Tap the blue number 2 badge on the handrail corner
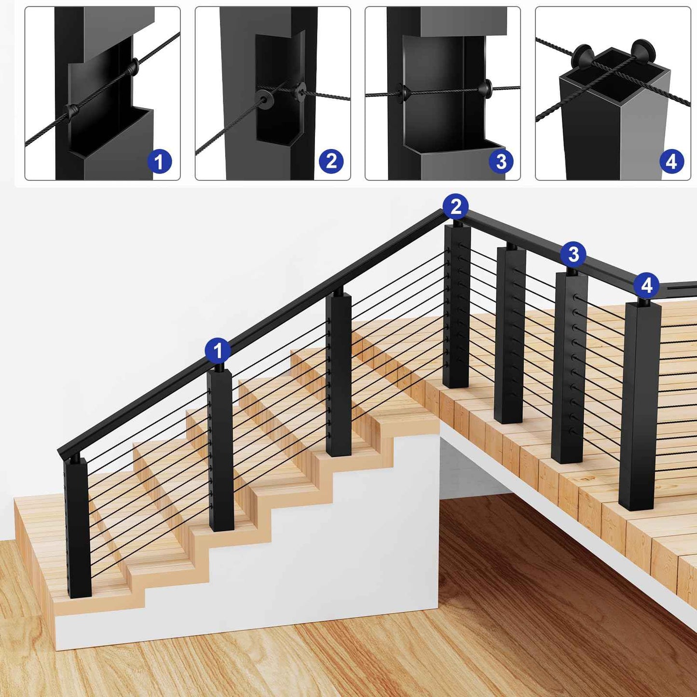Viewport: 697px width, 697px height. point(455,206)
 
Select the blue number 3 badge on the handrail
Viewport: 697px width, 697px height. point(574,255)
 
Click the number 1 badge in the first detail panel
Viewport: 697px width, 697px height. point(159,161)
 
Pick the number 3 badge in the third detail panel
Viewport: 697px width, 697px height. point(501,161)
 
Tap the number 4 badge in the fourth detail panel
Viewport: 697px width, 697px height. point(671,161)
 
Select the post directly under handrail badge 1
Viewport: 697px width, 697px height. point(220,451)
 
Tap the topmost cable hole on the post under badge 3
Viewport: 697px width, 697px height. point(575,298)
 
